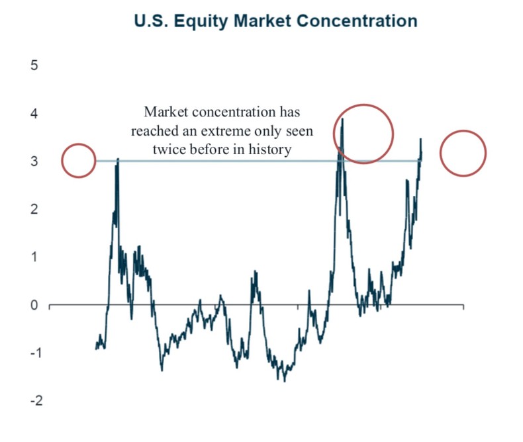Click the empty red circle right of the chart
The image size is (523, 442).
tap(463, 153)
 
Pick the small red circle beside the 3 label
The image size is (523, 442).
tap(79, 160)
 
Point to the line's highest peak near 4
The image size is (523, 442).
tap(342, 120)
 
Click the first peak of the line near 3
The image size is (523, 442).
tap(118, 159)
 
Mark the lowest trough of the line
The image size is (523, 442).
tap(285, 380)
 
